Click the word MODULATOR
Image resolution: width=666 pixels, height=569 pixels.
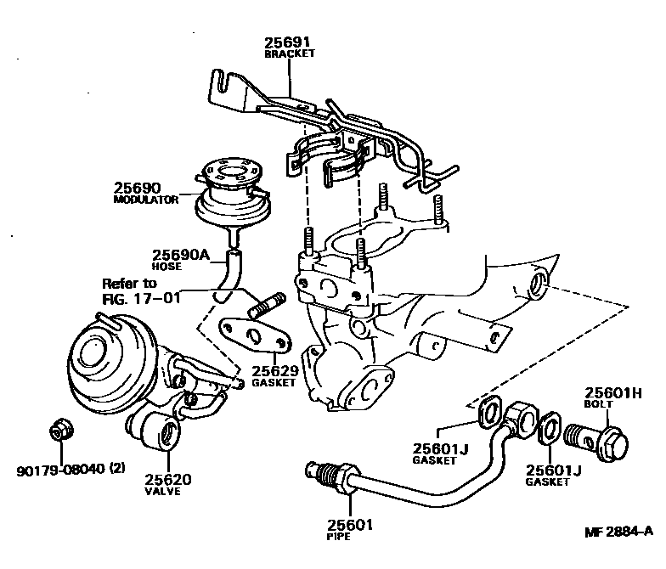(x=146, y=200)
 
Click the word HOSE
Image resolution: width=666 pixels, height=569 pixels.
(x=167, y=266)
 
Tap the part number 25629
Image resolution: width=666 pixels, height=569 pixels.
(x=273, y=370)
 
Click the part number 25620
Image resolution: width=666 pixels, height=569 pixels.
(x=167, y=479)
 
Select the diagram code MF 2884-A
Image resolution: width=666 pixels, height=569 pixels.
(x=618, y=532)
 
